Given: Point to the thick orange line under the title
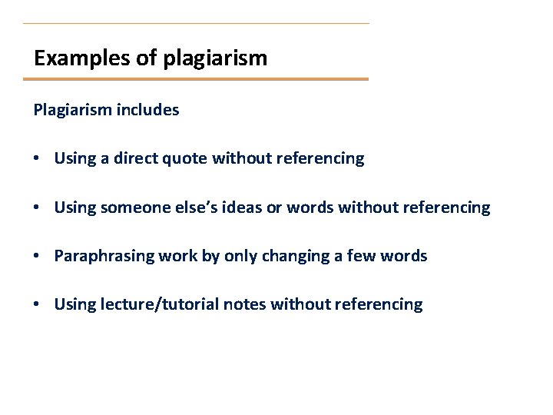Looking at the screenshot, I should (x=196, y=79).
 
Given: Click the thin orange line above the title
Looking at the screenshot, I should (x=196, y=23).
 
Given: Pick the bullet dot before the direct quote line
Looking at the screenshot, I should (x=37, y=159).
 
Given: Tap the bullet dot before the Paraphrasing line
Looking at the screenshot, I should (x=37, y=256).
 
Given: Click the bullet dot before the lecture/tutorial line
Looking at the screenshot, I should (x=37, y=304).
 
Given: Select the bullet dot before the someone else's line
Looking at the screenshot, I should (x=37, y=207).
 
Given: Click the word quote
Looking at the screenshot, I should (x=187, y=159).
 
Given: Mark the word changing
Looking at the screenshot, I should (x=295, y=256).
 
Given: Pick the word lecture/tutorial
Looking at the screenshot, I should (x=159, y=304).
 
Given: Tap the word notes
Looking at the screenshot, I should (x=243, y=304).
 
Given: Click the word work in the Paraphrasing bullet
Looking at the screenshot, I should (x=174, y=256).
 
